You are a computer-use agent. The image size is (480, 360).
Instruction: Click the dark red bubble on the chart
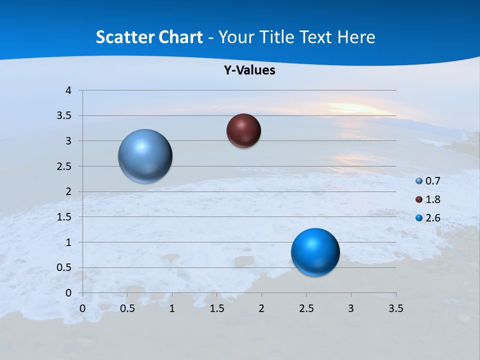tap(243, 131)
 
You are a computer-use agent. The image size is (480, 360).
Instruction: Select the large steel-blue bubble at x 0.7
tap(145, 156)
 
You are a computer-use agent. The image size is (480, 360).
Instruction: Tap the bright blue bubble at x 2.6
tap(315, 252)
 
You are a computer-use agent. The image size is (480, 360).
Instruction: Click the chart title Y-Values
tap(249, 70)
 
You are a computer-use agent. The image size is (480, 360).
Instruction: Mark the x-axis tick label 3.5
tap(395, 308)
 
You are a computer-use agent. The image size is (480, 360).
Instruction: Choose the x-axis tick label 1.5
tap(216, 308)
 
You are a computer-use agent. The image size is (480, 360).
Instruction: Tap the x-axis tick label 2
tap(261, 308)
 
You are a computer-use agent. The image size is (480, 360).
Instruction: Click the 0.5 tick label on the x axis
tap(127, 308)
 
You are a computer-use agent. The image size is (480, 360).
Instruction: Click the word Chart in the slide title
tap(180, 37)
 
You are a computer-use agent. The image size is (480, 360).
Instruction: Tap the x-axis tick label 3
tap(351, 308)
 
